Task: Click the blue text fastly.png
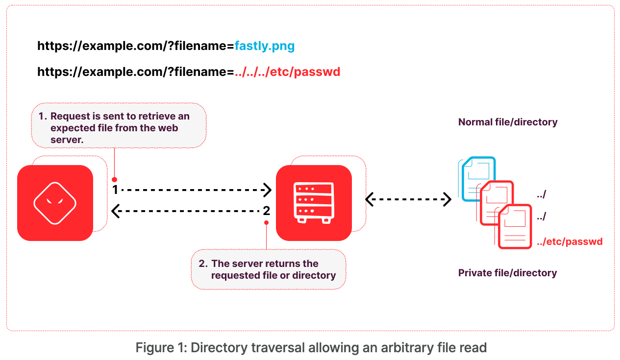(265, 47)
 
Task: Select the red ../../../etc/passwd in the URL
(287, 72)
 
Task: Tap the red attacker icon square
(55, 203)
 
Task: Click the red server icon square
(314, 203)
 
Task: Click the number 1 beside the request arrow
(116, 190)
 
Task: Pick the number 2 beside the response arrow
(266, 211)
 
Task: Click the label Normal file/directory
(508, 122)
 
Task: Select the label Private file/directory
(507, 273)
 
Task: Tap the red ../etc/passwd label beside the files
(570, 241)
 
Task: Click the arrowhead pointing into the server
(268, 190)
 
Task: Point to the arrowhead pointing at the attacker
(115, 211)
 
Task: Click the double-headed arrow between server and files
(408, 199)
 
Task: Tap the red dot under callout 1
(114, 179)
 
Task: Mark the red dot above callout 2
(266, 222)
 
